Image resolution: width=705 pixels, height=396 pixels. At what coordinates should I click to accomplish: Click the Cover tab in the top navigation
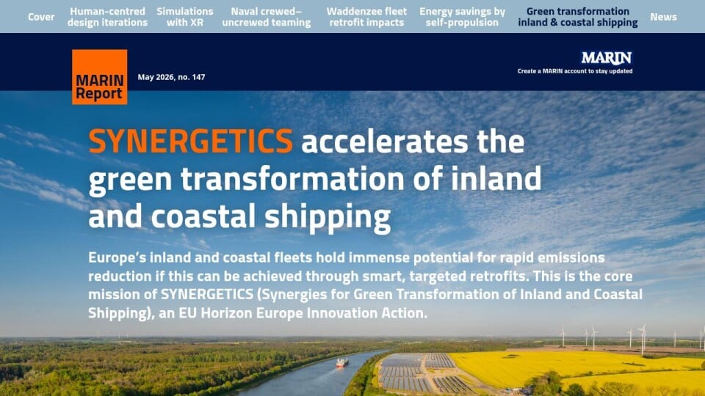(x=41, y=17)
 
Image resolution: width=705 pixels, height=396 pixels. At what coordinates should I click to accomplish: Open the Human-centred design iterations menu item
(x=107, y=17)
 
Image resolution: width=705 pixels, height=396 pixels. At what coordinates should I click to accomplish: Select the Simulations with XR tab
(x=185, y=17)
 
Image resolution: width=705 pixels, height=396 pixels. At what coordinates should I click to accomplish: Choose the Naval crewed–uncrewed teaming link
(x=266, y=17)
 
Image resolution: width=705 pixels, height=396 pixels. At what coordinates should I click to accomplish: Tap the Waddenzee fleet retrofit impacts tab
(x=366, y=17)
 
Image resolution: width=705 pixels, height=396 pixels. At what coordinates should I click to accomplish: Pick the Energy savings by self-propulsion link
(x=462, y=17)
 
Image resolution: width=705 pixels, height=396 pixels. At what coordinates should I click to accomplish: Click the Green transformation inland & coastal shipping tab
(x=578, y=17)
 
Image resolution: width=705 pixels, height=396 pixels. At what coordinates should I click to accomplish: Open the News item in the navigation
(x=663, y=17)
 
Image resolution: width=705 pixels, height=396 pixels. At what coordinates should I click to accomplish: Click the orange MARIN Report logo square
(x=99, y=77)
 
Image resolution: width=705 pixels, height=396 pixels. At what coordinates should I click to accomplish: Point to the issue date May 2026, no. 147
(x=171, y=77)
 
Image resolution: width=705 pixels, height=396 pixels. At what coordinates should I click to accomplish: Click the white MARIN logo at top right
(x=607, y=58)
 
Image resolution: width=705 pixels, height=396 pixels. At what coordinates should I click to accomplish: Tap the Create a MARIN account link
(x=574, y=71)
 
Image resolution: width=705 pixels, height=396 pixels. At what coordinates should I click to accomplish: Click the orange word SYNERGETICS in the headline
(x=191, y=141)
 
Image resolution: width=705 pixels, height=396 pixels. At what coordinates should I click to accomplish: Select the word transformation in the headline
(x=293, y=178)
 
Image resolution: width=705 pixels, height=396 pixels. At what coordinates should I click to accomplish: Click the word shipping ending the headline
(x=328, y=217)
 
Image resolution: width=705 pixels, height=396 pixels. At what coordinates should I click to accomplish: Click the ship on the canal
(x=342, y=362)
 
